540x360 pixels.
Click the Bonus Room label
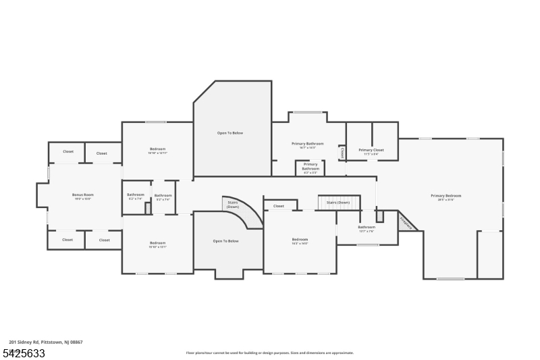(x=82, y=195)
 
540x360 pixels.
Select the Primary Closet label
(x=371, y=150)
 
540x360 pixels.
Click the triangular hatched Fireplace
(x=406, y=222)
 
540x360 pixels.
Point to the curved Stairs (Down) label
(x=232, y=203)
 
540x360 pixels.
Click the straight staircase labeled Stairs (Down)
(x=338, y=203)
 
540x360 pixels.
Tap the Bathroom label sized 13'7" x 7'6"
(x=367, y=227)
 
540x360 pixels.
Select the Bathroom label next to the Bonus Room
(x=136, y=195)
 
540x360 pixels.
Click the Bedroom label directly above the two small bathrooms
(x=157, y=149)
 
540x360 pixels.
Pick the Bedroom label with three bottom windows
(x=300, y=239)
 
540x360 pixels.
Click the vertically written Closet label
(x=342, y=153)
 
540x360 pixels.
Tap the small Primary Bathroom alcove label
(x=310, y=166)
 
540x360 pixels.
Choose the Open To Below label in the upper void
(x=230, y=133)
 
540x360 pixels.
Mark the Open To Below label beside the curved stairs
(x=225, y=240)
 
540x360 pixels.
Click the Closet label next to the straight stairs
(x=279, y=206)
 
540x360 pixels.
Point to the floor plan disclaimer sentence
(x=269, y=353)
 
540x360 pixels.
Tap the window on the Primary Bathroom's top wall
(x=307, y=112)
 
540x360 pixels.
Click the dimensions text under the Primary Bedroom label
(x=446, y=199)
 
